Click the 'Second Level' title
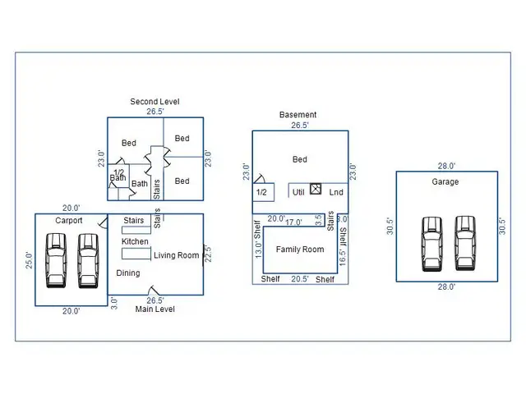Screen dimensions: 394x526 pyautogui.click(x=155, y=102)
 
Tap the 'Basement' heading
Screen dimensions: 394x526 pyautogui.click(x=298, y=115)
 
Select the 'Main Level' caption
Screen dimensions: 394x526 pyautogui.click(x=155, y=309)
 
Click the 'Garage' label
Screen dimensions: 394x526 pyautogui.click(x=445, y=182)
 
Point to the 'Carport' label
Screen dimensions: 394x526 pyautogui.click(x=69, y=221)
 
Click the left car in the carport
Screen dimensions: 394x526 pyautogui.click(x=56, y=259)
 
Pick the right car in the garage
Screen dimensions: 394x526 pyautogui.click(x=464, y=243)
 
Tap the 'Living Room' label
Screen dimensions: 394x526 pyautogui.click(x=177, y=255)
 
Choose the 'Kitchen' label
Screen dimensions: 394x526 pyautogui.click(x=136, y=242)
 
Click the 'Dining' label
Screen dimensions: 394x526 pyautogui.click(x=127, y=273)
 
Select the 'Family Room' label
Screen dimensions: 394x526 pyautogui.click(x=300, y=250)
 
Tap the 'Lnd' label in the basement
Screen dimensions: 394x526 pyautogui.click(x=336, y=192)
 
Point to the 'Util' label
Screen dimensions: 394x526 pyautogui.click(x=299, y=192)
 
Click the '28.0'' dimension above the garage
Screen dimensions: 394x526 pyautogui.click(x=446, y=166)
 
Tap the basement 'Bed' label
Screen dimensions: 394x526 pyautogui.click(x=300, y=159)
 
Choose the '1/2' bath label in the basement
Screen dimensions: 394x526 pyautogui.click(x=262, y=192)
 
